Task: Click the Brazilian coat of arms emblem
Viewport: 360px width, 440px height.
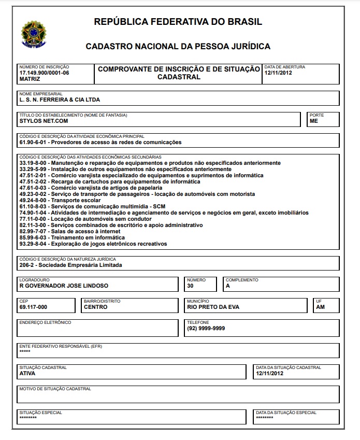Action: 33,33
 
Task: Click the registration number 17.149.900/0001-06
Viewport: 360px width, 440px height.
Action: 44,73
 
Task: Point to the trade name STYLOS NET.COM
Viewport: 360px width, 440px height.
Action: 44,121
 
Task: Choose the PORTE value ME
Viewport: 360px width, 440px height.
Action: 314,121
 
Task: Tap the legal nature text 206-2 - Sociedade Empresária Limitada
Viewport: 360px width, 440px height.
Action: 71,265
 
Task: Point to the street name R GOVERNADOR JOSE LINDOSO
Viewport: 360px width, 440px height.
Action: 64,286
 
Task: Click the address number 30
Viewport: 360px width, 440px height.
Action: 190,286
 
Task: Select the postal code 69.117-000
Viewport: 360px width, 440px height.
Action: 33,307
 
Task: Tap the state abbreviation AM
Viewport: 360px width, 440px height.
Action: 320,307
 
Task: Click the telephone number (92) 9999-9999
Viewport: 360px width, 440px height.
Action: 206,328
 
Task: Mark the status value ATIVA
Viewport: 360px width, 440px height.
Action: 27,373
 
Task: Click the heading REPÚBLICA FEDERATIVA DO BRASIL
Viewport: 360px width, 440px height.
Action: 178,22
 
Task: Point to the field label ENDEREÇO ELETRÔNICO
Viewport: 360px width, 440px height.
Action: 45,322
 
